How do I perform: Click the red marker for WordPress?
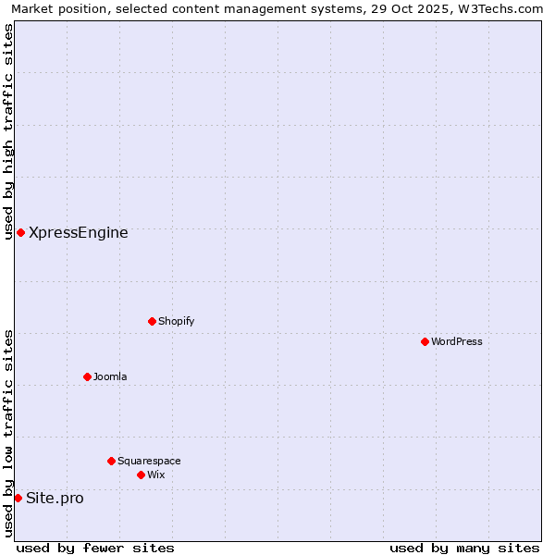425,341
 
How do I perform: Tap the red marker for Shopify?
152,321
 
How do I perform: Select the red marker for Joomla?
87,376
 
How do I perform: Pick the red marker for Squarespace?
111,461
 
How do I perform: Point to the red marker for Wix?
141,475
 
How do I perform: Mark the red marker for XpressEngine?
20,232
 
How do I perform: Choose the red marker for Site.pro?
18,498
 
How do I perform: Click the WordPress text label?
457,341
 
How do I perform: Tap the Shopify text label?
176,321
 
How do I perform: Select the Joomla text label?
110,376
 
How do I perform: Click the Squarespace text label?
149,461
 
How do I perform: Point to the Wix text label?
155,475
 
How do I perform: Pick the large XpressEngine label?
79,232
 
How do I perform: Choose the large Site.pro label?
55,498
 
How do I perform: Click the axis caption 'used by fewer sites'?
95,549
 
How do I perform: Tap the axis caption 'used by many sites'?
464,549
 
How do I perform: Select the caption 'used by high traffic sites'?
8,131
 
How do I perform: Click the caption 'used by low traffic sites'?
8,433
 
